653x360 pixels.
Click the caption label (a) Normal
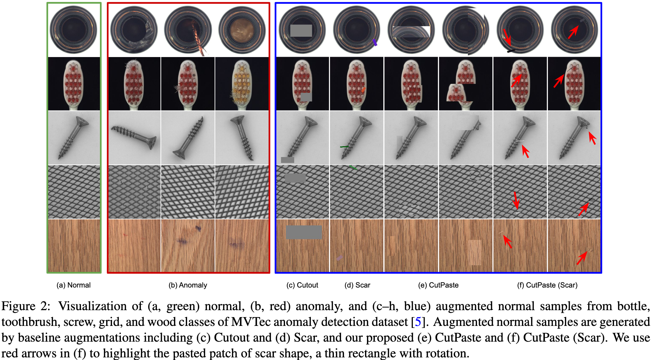pos(73,285)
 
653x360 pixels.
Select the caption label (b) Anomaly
pos(188,285)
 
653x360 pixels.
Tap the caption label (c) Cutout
pos(302,285)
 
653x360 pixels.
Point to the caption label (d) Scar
pos(357,285)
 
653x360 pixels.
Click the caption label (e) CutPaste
pos(438,285)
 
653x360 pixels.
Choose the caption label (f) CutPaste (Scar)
pos(547,285)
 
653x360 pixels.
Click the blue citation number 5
pos(418,322)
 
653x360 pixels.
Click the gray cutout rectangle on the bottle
pos(301,30)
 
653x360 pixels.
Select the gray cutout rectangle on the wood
pos(304,232)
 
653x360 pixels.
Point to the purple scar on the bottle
pos(375,42)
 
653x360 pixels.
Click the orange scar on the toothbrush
pos(363,90)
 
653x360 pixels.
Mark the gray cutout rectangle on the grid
pos(295,178)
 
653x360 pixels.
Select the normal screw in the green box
pos(74,138)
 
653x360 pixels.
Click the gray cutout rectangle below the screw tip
pos(287,160)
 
